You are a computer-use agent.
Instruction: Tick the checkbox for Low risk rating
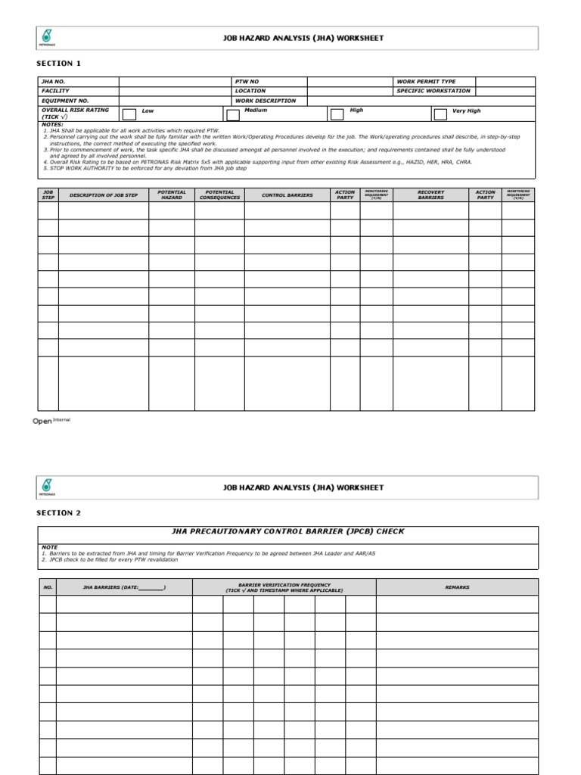coord(129,114)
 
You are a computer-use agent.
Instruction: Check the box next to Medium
coord(233,114)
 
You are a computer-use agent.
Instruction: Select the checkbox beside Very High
coord(440,114)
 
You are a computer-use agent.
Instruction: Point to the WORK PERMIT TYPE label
coord(426,81)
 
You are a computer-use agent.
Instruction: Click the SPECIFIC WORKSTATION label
coord(433,91)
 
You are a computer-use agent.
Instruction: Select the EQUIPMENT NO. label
coord(65,101)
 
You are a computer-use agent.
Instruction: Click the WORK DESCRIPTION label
coord(266,101)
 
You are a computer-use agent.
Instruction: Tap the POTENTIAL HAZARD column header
coord(172,195)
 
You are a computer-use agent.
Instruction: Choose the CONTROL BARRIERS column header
coord(287,195)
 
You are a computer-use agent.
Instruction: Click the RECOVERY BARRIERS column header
coord(430,195)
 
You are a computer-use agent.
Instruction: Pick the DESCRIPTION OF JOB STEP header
coord(104,195)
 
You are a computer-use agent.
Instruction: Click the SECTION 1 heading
coord(59,64)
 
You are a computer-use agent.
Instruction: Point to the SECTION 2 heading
coord(59,513)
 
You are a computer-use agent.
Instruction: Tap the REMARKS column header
coord(457,587)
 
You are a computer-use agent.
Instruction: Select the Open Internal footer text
coord(51,422)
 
